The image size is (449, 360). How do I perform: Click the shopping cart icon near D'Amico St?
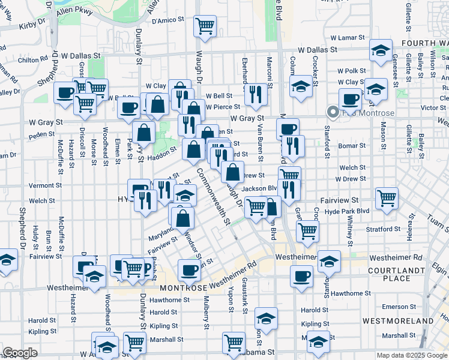click(x=205, y=26)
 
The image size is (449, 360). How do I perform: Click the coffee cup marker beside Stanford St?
click(x=350, y=98)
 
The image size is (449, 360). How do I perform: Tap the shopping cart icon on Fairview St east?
click(x=387, y=197)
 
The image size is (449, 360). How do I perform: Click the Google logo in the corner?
click(x=20, y=353)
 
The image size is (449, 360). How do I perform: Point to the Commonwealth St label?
click(x=212, y=197)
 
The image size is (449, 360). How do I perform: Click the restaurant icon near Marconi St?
click(x=256, y=94)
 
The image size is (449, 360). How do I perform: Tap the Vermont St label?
click(x=45, y=186)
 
